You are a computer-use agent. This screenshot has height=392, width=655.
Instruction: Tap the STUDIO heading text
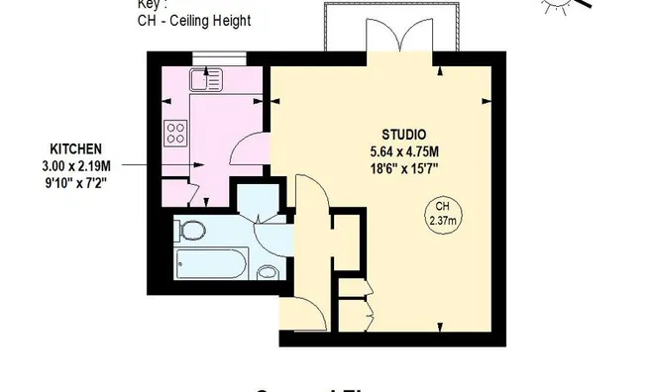tap(404, 135)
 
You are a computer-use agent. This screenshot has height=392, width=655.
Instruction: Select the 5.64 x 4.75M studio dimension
tap(404, 151)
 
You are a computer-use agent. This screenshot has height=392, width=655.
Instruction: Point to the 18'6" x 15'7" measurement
tap(404, 167)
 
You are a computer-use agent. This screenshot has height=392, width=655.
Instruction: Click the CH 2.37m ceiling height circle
tap(439, 211)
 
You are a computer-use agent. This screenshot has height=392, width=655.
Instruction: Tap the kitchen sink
tap(209, 75)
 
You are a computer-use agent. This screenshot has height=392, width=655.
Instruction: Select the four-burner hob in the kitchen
tap(177, 133)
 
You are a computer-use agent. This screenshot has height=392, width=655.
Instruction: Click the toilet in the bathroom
tap(191, 232)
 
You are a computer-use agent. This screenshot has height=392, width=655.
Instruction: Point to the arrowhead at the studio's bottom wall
tap(439, 326)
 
